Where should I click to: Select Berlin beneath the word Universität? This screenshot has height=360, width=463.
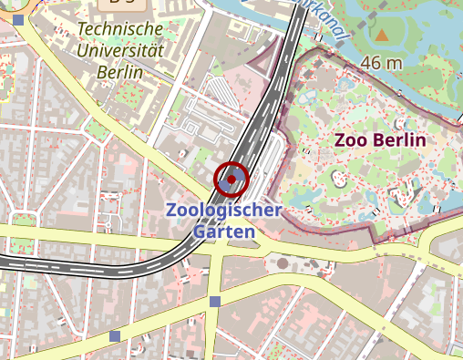120,73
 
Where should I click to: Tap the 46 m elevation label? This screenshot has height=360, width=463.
381,63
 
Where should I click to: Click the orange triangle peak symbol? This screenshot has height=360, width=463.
382,36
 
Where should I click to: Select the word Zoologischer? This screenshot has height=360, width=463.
223,211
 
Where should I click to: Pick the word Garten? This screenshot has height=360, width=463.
223,231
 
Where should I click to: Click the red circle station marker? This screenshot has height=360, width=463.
231,180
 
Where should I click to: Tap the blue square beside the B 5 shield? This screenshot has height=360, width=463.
18,19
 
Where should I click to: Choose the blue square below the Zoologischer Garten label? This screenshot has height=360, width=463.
215,302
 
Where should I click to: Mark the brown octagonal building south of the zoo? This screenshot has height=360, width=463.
283,263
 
